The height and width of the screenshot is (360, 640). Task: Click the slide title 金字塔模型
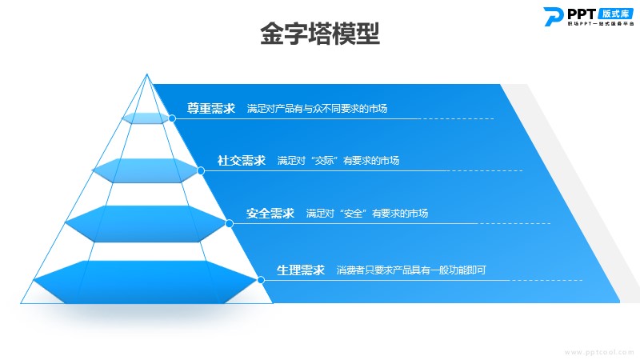click(320, 34)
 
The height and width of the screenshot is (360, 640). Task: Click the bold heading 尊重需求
click(211, 108)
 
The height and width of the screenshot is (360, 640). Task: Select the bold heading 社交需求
click(242, 161)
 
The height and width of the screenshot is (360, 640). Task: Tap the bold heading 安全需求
click(270, 213)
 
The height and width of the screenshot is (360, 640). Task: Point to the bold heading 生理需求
click(301, 270)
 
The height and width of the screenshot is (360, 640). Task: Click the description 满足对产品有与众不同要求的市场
click(317, 109)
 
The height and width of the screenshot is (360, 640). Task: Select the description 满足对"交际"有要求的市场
click(338, 161)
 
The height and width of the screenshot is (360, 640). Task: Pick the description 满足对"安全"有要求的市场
click(367, 214)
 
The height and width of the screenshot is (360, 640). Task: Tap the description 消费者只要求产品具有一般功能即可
click(411, 270)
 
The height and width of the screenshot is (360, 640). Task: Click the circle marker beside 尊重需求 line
click(172, 118)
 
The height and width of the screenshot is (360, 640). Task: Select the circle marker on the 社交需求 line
click(201, 170)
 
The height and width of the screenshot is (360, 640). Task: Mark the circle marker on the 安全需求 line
click(230, 223)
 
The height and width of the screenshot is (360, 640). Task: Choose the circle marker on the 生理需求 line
click(262, 280)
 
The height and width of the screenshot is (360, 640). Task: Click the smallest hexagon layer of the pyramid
click(146, 118)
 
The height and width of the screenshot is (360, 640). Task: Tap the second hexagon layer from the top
click(146, 170)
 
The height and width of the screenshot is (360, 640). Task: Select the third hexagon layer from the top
click(146, 224)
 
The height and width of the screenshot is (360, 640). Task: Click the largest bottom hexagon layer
click(146, 282)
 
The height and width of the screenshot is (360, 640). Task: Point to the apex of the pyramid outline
click(147, 74)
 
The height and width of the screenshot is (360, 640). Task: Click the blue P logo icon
click(553, 17)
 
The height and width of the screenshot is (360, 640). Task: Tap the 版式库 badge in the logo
click(616, 14)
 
